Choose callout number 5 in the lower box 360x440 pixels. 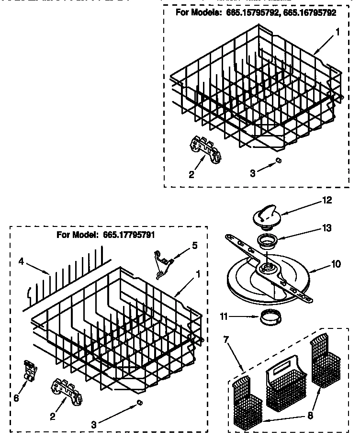point(194,246)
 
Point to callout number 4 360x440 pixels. point(22,261)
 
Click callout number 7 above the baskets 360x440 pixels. point(226,340)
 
